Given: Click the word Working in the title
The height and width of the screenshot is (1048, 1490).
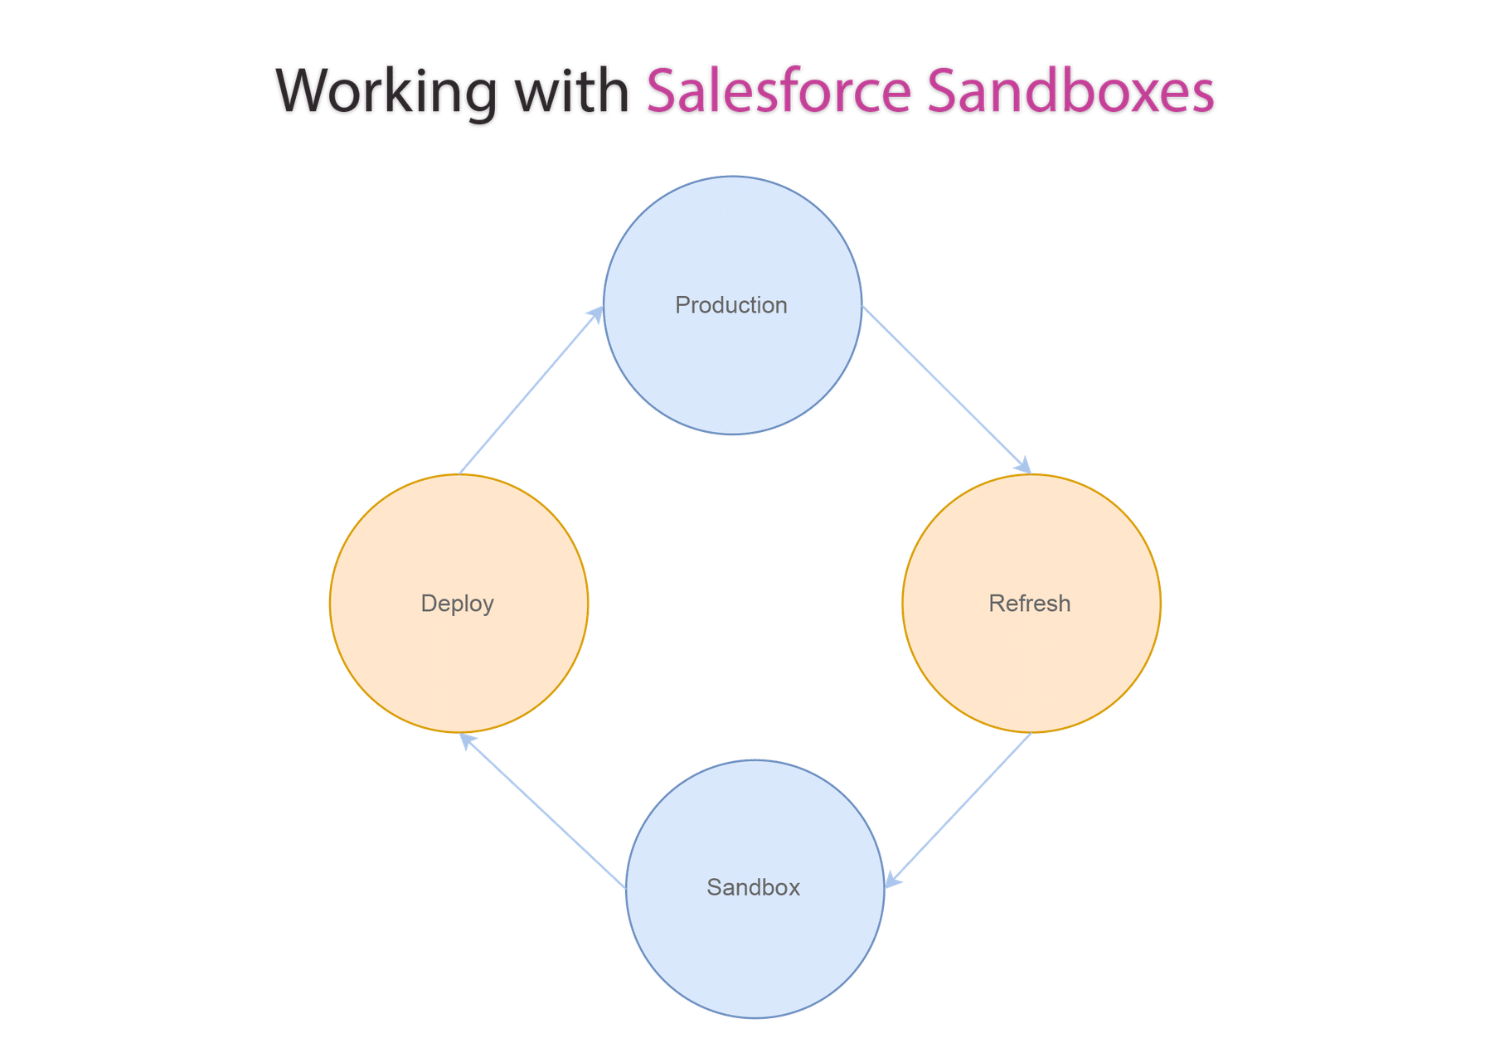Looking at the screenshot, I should [x=386, y=91].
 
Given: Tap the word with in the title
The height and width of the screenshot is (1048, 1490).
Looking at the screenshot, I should [x=572, y=91].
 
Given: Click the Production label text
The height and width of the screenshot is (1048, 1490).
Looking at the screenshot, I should [x=730, y=305].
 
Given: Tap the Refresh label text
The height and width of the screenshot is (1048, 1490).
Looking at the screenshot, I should [x=1029, y=604].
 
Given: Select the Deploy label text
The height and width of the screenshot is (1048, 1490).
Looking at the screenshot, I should [x=457, y=604].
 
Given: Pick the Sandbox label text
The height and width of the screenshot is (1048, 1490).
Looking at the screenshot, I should [x=753, y=888].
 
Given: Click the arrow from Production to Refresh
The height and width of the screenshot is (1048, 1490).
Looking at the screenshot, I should [x=945, y=389].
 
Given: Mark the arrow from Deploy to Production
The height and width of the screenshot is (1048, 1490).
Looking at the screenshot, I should [x=531, y=390].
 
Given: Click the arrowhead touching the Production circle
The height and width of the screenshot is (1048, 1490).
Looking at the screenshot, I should [x=596, y=313].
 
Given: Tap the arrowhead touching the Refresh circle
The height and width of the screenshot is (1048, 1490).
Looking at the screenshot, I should [x=1024, y=466].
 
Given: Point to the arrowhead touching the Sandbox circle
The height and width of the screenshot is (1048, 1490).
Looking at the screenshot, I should [x=892, y=881].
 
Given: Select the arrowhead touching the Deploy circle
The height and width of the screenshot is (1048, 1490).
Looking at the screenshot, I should [x=468, y=740].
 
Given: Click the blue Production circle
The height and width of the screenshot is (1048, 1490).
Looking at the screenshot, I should [x=732, y=373].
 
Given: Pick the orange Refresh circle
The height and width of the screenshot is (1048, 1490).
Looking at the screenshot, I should [x=1031, y=663].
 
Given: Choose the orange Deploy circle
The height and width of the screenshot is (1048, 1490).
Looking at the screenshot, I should [x=459, y=663].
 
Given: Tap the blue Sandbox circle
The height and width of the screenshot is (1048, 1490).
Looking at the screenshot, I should [x=755, y=953].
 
